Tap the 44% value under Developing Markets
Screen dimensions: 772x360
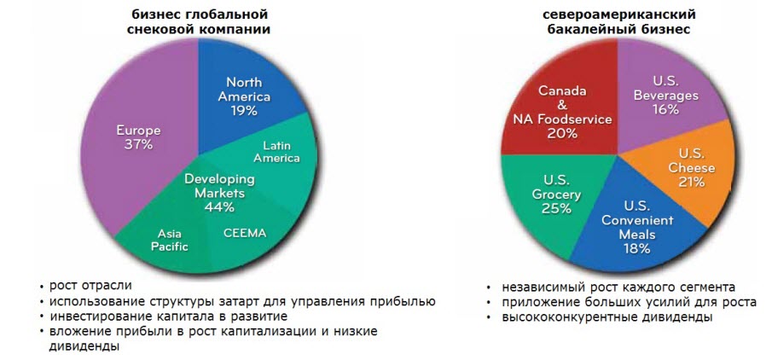219,206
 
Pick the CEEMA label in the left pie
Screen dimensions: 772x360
245,233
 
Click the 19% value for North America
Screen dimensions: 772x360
244,110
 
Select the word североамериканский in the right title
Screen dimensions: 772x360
618,12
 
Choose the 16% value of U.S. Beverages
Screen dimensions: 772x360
666,109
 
